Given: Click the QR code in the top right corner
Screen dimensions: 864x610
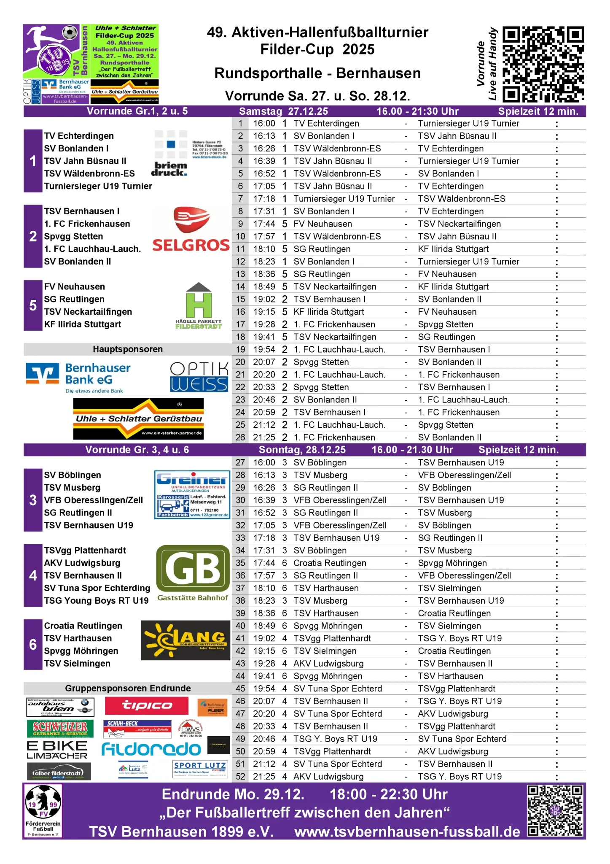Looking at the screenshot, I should point(543,64).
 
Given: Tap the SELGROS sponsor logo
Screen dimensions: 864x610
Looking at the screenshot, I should point(191,230).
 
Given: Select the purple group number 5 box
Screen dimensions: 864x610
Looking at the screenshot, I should point(33,305).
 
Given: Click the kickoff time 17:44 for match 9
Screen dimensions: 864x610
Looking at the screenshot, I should point(264,224).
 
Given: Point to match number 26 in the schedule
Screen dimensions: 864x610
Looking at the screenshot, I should point(240,437).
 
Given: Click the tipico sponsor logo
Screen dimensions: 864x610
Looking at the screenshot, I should point(147,706).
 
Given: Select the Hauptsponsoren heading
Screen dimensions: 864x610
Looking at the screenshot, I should point(128,349).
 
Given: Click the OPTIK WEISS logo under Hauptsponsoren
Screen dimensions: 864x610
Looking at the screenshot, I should point(199,377).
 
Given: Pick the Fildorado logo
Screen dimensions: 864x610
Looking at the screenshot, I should point(151,749).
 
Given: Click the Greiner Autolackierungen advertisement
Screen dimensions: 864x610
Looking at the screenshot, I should point(192,494).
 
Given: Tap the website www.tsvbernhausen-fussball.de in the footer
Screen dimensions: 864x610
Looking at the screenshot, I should point(407,832).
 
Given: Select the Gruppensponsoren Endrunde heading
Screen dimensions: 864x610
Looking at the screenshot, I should point(128,688).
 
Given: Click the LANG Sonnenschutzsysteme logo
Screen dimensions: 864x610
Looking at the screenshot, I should point(186,640).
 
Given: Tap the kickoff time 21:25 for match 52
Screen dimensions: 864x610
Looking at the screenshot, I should point(264,777).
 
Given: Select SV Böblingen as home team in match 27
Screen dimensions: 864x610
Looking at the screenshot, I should point(320,463).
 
